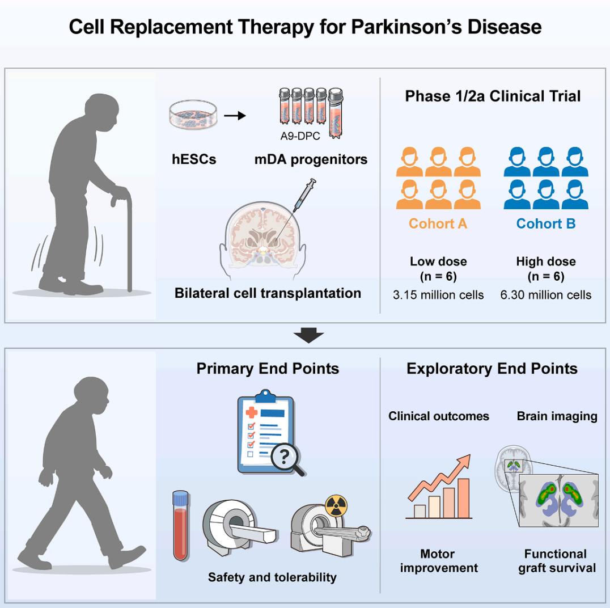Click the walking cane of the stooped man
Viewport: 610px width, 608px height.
point(129,238)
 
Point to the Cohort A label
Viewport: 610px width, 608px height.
point(438,223)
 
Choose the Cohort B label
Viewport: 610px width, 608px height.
point(545,223)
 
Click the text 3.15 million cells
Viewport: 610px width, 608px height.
point(438,295)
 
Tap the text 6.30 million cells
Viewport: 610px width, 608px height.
point(546,295)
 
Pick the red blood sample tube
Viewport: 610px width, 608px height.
point(180,525)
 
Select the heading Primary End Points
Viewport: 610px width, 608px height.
point(268,369)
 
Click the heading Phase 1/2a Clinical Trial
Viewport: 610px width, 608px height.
point(493,96)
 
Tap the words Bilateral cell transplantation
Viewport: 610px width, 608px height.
point(268,293)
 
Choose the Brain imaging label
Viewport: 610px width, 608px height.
point(557,416)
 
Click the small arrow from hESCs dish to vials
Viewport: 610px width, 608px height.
point(235,116)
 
